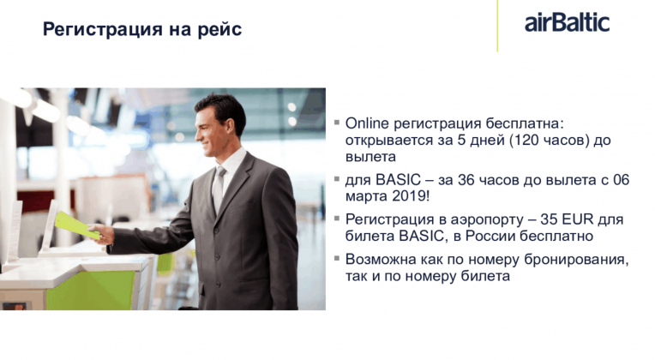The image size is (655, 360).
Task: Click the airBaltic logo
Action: [x=567, y=22]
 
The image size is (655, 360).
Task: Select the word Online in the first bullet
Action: [x=367, y=123]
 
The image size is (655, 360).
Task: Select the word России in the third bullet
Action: [x=490, y=236]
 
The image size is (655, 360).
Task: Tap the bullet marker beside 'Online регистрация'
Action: [x=337, y=123]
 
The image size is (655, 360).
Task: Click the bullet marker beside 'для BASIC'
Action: [x=337, y=179]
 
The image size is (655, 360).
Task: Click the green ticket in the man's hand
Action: [x=77, y=225]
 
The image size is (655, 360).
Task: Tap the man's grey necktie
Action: [x=218, y=189]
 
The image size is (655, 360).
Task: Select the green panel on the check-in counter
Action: [x=91, y=291]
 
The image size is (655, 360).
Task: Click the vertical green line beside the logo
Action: [x=497, y=26]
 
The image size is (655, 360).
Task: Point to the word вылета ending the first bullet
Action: [x=370, y=157]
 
